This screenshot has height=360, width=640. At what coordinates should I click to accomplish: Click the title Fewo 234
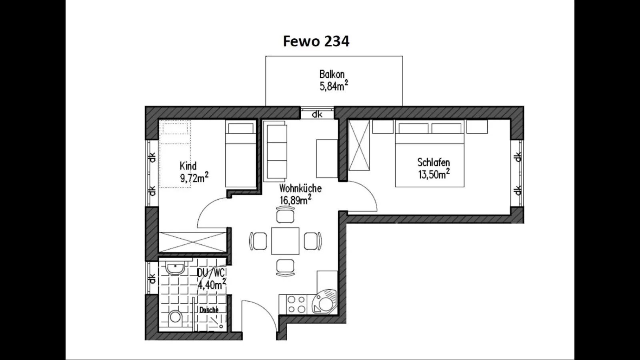(x=316, y=41)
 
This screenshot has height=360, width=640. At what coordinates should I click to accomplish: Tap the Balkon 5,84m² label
(x=333, y=80)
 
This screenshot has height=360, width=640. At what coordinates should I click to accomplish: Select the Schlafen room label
(x=434, y=163)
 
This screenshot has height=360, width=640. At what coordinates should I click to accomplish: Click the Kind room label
(x=188, y=166)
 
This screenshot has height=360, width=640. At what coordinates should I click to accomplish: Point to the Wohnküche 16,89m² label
(x=300, y=194)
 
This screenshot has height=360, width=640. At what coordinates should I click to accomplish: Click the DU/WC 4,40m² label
(x=211, y=279)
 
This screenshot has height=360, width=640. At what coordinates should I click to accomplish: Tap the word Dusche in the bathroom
(x=209, y=310)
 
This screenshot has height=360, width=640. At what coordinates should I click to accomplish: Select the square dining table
(x=285, y=241)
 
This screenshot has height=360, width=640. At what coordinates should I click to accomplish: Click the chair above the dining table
(x=285, y=216)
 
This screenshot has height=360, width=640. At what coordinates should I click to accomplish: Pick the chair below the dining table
(x=285, y=267)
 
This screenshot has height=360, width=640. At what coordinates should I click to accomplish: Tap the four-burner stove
(x=296, y=304)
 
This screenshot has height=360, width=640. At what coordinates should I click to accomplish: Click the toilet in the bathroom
(x=175, y=318)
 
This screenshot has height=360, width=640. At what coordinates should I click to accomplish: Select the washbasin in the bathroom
(x=175, y=268)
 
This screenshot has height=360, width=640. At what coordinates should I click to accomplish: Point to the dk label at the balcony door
(x=317, y=114)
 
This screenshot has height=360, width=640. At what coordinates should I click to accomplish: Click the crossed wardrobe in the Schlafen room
(x=359, y=145)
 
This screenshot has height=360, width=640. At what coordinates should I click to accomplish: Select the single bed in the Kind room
(x=240, y=154)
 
